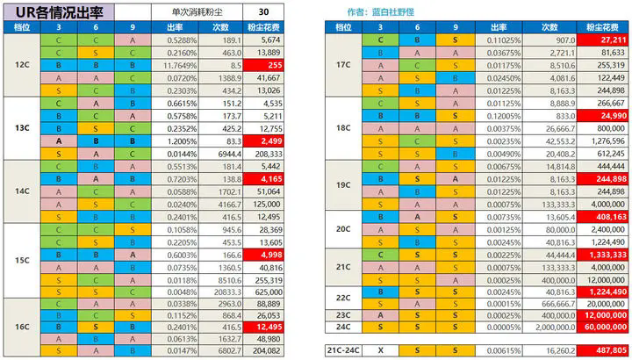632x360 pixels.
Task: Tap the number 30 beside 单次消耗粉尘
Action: pyautogui.click(x=264, y=12)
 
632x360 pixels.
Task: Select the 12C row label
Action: pyautogui.click(x=22, y=65)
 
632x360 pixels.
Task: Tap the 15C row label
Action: pyautogui.click(x=22, y=261)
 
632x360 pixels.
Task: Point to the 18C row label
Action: pyautogui.click(x=343, y=128)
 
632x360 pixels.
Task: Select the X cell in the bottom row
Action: pyautogui.click(x=380, y=349)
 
